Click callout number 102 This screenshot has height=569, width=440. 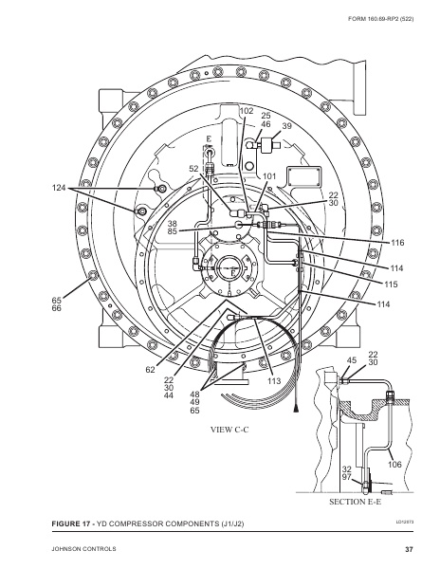click(247, 111)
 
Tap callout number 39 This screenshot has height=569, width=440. click(287, 125)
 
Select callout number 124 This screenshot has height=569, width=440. click(59, 188)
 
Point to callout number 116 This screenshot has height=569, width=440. click(397, 243)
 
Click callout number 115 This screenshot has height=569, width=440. click(391, 284)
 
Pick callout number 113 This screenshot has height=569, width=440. click(274, 380)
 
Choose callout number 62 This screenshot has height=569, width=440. click(150, 370)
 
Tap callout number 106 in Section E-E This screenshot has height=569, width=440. click(394, 464)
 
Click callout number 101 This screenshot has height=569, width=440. click(269, 176)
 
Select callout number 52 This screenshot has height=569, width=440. click(194, 169)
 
